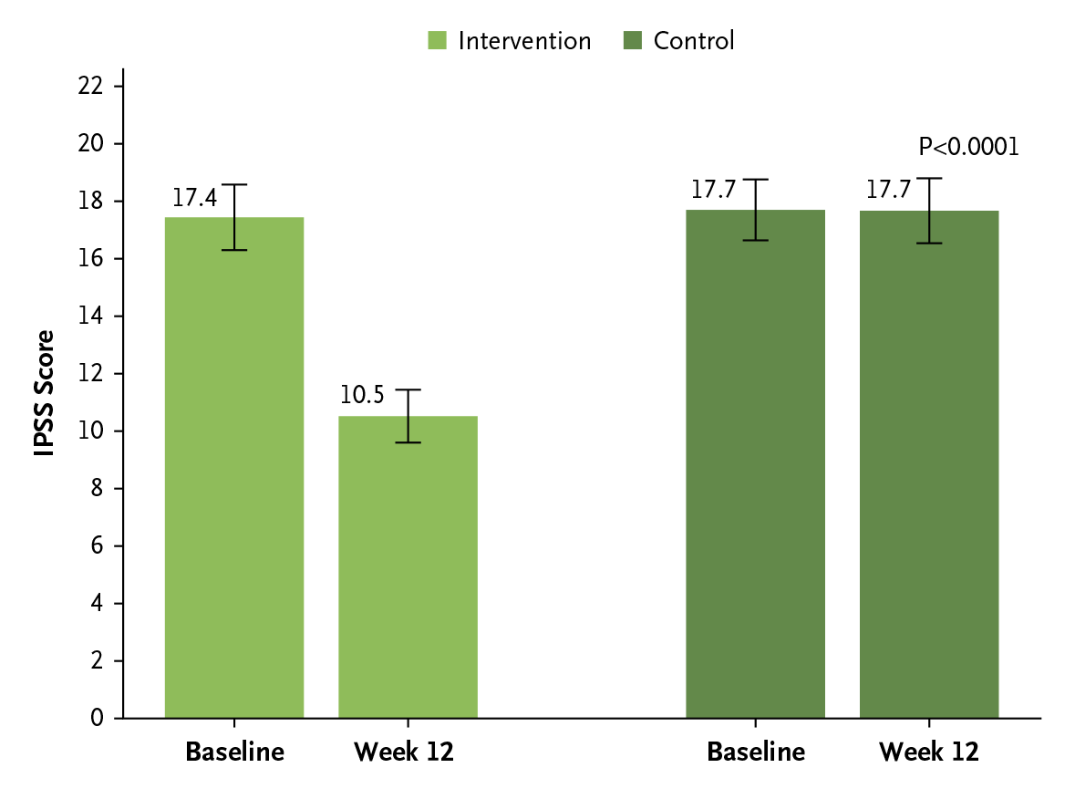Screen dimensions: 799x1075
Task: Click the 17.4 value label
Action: click(x=194, y=198)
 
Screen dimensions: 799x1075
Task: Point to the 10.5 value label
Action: click(x=362, y=396)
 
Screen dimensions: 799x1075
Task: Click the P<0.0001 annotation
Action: click(x=968, y=147)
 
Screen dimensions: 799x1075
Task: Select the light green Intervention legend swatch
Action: click(x=438, y=41)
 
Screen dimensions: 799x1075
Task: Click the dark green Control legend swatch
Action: click(x=633, y=41)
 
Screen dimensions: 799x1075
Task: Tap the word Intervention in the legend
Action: click(x=524, y=41)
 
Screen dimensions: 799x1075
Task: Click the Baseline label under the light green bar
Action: click(x=234, y=752)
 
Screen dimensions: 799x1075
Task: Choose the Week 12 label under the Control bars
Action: click(x=928, y=752)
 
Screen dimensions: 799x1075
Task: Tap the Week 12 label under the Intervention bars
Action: click(x=404, y=752)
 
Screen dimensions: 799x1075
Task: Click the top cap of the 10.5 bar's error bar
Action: click(x=408, y=389)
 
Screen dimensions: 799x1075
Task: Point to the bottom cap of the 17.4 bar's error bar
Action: click(x=234, y=250)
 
